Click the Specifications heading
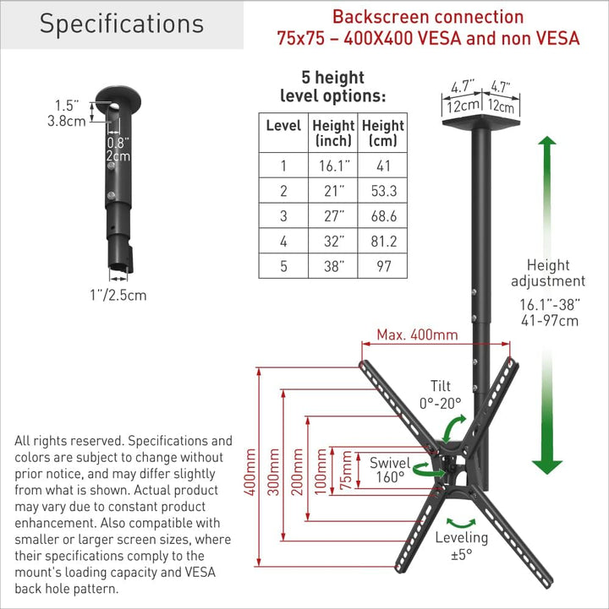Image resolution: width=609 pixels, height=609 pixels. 122,24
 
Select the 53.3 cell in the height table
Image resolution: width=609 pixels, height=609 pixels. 383,191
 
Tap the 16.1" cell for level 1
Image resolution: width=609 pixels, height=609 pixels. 334,166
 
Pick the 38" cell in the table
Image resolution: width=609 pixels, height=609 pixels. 334,266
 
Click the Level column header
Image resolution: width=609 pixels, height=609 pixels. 283,126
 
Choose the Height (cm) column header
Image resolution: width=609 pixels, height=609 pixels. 382,133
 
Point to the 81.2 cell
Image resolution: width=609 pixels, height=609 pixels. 383,242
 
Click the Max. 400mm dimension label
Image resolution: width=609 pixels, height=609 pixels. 417,334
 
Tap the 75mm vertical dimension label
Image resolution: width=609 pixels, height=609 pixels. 346,470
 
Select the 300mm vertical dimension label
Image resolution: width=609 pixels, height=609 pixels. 273,472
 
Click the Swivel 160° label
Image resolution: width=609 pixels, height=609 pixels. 390,470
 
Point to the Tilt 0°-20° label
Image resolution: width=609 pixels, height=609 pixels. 440,394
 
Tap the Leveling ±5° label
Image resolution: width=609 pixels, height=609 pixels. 462,546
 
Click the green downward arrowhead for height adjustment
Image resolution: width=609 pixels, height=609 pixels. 547,467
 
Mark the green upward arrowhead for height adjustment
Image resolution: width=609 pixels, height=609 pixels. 547,140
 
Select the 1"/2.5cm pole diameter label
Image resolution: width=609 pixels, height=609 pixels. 118,295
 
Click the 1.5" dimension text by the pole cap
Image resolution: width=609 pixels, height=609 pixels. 67,106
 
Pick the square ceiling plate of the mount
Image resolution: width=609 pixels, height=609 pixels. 481,122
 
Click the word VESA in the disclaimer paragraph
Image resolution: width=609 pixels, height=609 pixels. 200,572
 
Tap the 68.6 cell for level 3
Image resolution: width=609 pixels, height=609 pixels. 383,216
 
